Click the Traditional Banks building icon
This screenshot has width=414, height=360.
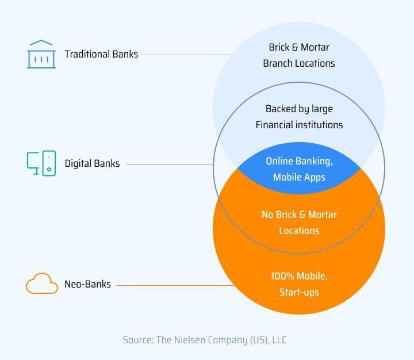[x=40, y=54]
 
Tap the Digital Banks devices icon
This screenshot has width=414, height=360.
[x=41, y=163]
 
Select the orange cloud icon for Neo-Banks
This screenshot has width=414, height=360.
[x=42, y=284]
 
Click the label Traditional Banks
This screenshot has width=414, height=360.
[x=101, y=54]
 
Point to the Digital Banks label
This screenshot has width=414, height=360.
[x=92, y=163]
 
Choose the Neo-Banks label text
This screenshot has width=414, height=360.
[x=87, y=284]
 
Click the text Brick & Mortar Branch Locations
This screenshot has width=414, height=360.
[x=299, y=55]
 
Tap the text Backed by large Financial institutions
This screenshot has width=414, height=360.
[x=299, y=117]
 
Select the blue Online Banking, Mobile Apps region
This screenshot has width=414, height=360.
[x=299, y=169]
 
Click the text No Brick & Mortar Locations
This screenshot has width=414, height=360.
[x=299, y=223]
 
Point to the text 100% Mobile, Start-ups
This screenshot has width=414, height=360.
[x=299, y=284]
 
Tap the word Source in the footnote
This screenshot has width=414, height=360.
[x=137, y=340]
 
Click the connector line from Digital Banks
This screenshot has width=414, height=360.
[x=170, y=164]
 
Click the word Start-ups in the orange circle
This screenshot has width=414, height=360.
[x=299, y=292]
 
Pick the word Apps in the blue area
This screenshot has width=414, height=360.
[x=315, y=177]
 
